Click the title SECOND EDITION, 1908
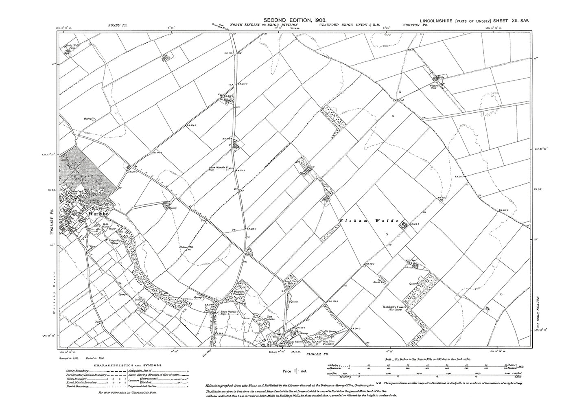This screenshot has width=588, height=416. [293, 20]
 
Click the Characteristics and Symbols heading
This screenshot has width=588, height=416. [128, 366]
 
